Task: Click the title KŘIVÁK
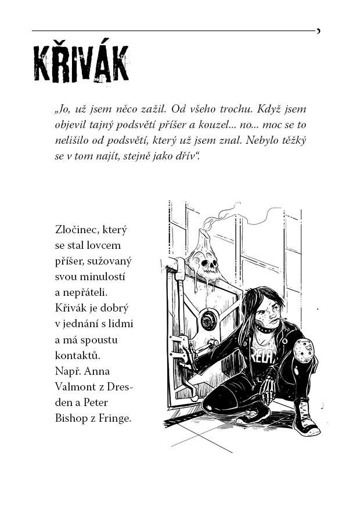point(81,63)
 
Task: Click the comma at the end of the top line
point(318,31)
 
